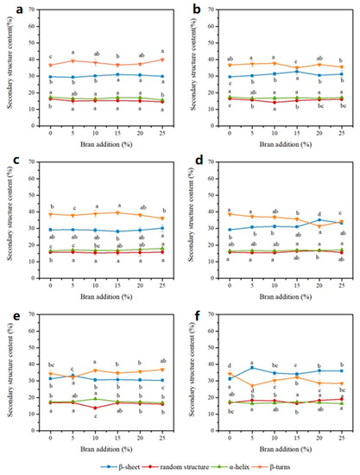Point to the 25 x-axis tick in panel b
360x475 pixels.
click(x=342, y=137)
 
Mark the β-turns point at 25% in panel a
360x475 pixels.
click(x=162, y=60)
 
